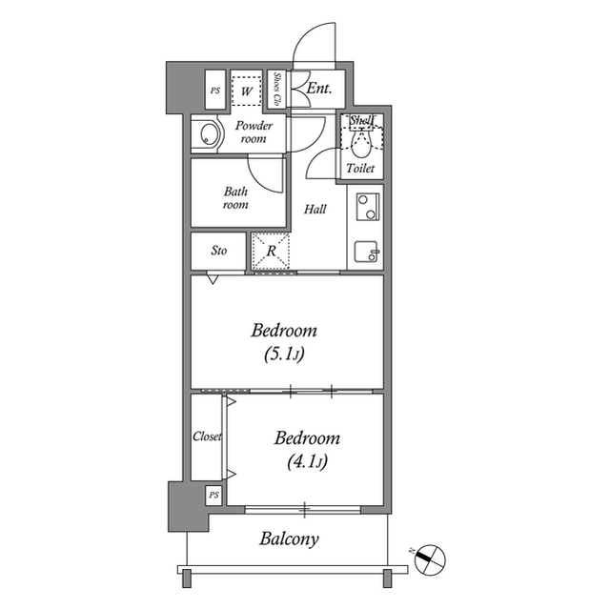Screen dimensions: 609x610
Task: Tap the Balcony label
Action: (x=290, y=539)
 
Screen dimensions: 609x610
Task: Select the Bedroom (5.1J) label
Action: (x=284, y=342)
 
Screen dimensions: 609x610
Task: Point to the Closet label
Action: (x=207, y=436)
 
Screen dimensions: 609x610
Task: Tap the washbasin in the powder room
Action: (x=205, y=136)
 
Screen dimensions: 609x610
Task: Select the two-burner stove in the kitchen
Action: (x=367, y=206)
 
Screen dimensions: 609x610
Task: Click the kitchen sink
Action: (x=367, y=252)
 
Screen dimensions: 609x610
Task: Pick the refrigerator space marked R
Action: (x=271, y=253)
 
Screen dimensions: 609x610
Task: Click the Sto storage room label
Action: (x=218, y=252)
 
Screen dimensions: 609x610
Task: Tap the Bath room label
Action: (x=236, y=197)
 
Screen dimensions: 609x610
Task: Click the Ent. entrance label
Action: (x=319, y=90)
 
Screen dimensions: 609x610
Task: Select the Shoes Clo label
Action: (x=276, y=90)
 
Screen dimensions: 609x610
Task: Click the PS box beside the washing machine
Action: (x=213, y=91)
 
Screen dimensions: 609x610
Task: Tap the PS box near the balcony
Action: (x=213, y=496)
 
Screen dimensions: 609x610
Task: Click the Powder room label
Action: (x=254, y=132)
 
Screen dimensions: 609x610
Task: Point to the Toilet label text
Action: (x=360, y=168)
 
